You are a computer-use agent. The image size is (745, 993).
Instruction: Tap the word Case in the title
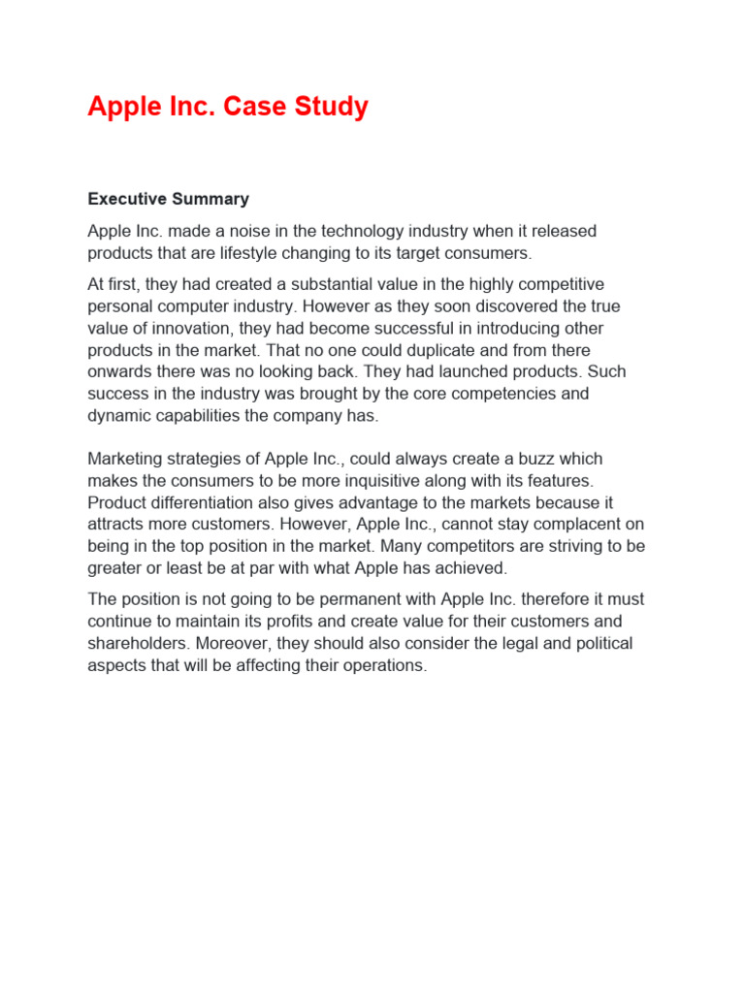click(x=257, y=107)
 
